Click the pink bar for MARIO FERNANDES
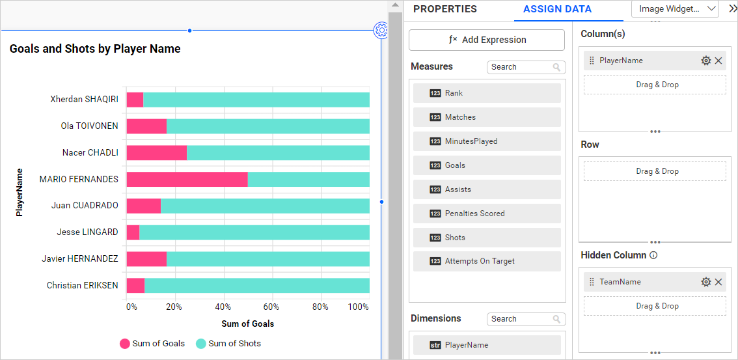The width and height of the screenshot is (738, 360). tap(187, 179)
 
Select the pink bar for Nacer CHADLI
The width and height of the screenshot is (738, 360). tap(156, 152)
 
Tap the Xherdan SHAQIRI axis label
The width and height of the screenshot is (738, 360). tap(84, 100)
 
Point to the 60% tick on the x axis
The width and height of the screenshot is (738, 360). tap(271, 307)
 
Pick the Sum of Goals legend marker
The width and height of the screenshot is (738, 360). tap(125, 344)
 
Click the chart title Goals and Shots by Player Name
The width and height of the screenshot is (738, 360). tap(95, 49)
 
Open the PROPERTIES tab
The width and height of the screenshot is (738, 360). tap(445, 9)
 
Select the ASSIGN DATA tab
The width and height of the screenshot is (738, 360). tap(557, 9)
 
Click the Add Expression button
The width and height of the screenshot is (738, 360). tap(487, 40)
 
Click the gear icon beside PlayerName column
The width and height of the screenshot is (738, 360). tap(706, 61)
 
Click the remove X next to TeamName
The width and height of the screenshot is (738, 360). tap(718, 282)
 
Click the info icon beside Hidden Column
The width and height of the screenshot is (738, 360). tap(653, 255)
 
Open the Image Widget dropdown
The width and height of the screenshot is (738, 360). tap(676, 9)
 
